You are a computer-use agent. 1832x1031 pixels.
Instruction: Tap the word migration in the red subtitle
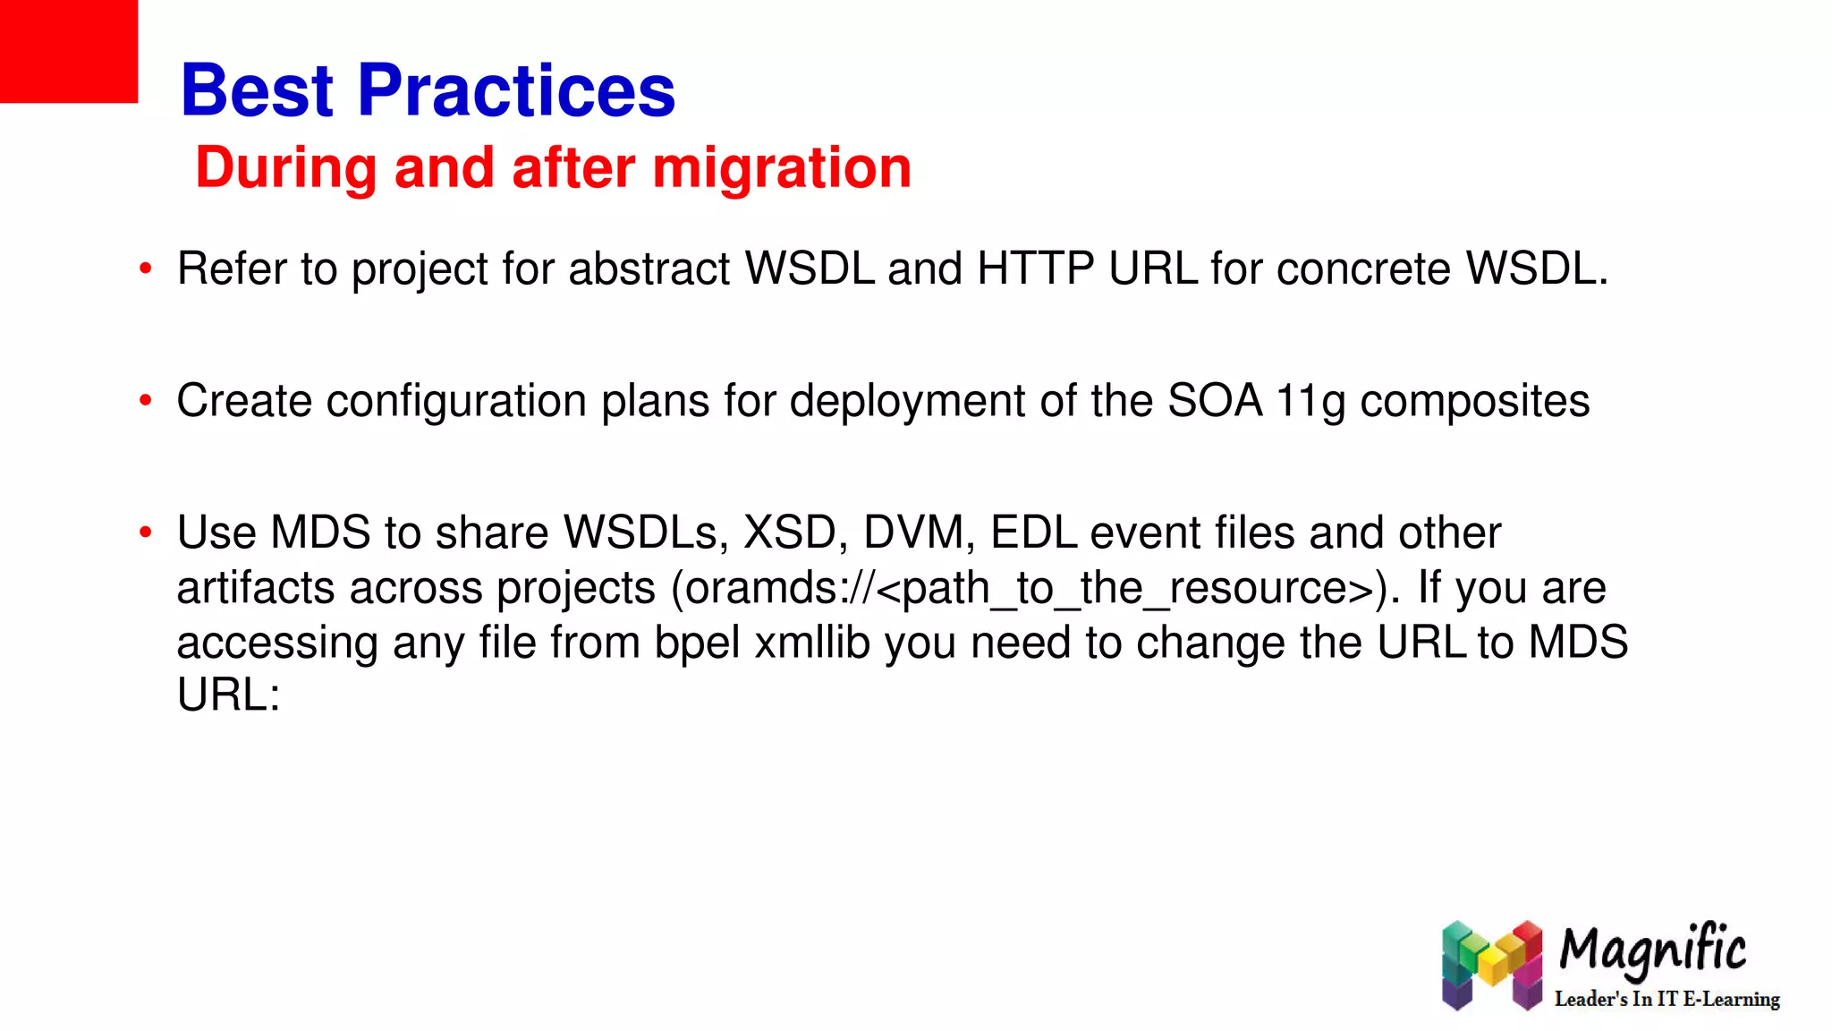point(781,167)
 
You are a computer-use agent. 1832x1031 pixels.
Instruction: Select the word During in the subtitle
point(286,167)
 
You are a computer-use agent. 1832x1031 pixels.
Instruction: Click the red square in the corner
point(68,50)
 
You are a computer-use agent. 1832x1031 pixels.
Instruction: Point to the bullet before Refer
point(146,269)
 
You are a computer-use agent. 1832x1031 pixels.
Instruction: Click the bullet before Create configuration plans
point(146,401)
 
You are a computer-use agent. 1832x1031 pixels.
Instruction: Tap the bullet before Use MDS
point(146,533)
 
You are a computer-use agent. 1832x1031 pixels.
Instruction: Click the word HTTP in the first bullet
point(1036,268)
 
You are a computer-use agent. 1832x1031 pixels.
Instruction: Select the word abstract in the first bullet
point(649,268)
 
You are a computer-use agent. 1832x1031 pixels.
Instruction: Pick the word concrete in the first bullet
point(1363,268)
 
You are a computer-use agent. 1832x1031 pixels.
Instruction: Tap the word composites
point(1474,401)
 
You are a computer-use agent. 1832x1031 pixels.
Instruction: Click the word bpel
point(697,643)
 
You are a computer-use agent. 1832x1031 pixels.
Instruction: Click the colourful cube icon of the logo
point(1492,965)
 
